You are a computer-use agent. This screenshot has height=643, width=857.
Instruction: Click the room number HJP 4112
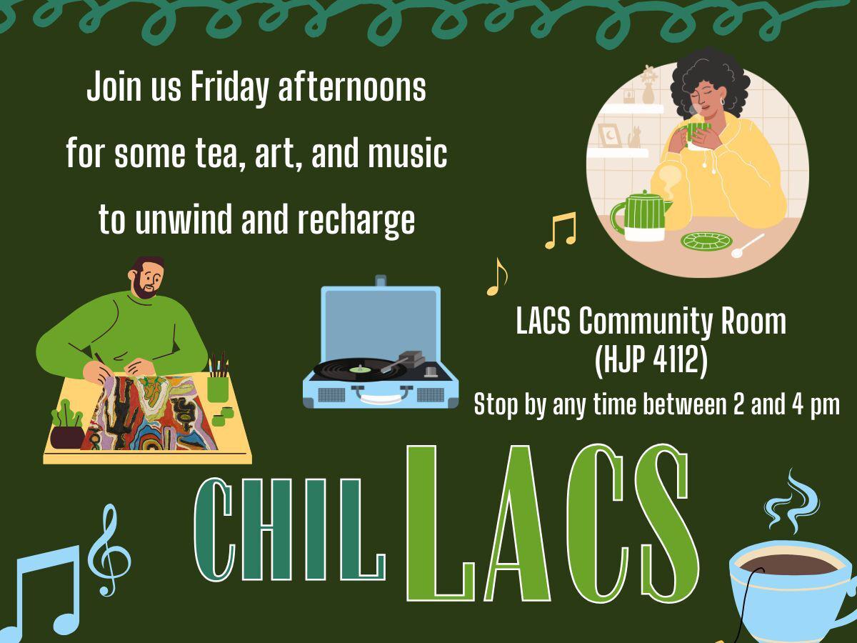click(651, 362)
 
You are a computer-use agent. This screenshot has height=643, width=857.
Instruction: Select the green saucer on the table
click(703, 241)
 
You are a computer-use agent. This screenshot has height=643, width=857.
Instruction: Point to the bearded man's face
click(148, 280)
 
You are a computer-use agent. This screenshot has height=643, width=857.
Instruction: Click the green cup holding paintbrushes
click(218, 389)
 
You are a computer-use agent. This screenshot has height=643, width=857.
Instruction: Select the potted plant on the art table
click(67, 426)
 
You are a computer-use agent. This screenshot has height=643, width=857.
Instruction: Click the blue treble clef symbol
click(108, 550)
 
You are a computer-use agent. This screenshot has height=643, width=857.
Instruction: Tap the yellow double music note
click(561, 230)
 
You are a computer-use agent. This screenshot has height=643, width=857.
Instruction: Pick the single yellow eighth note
click(496, 276)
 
